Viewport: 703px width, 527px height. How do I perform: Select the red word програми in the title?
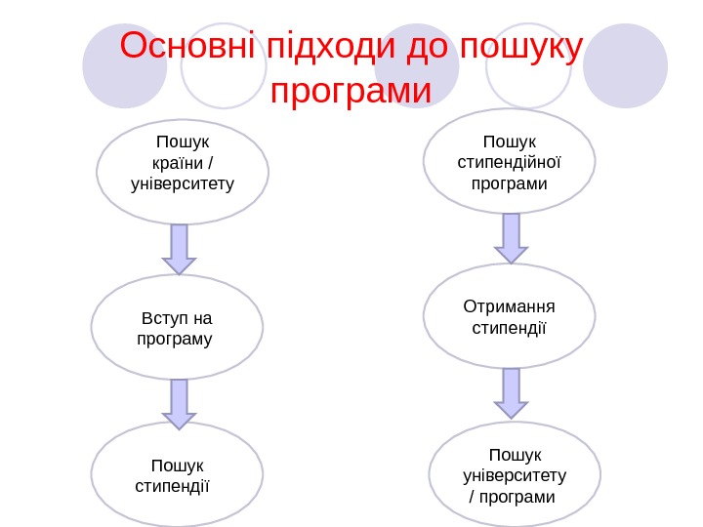tap(351, 92)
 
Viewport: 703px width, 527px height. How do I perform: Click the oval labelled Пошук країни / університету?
tap(183, 172)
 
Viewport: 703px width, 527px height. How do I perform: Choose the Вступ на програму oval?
tap(177, 327)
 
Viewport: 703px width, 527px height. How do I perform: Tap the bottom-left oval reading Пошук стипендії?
tap(177, 473)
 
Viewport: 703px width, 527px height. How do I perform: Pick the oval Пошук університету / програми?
tap(515, 474)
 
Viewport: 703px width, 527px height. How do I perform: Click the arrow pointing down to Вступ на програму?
tap(179, 249)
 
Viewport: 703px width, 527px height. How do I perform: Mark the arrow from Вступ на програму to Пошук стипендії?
tap(179, 403)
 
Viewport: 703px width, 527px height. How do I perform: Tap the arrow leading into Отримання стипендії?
tap(511, 238)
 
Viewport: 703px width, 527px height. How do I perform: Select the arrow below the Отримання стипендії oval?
tap(511, 392)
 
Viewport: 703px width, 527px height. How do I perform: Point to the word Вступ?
tap(160, 318)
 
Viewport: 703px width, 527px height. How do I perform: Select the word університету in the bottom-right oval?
tap(515, 475)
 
